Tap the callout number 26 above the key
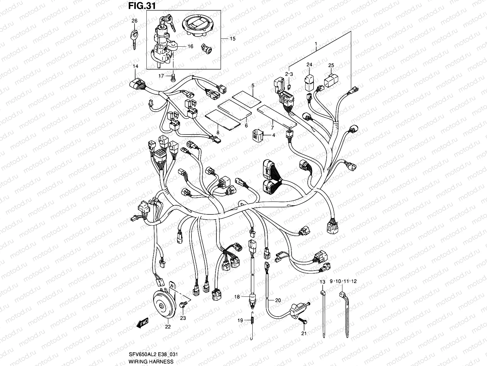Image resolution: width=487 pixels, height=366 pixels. (x=134, y=21)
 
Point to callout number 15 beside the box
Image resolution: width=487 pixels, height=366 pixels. (x=233, y=39)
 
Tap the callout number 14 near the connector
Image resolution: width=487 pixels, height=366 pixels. (x=135, y=66)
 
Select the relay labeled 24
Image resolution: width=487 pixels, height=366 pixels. (x=309, y=81)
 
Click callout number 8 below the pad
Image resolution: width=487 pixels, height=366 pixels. (x=218, y=132)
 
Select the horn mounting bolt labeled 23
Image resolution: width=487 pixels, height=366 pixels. (x=183, y=305)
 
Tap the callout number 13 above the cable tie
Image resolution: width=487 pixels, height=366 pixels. (x=322, y=282)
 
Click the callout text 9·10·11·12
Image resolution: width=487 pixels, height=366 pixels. (x=343, y=282)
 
